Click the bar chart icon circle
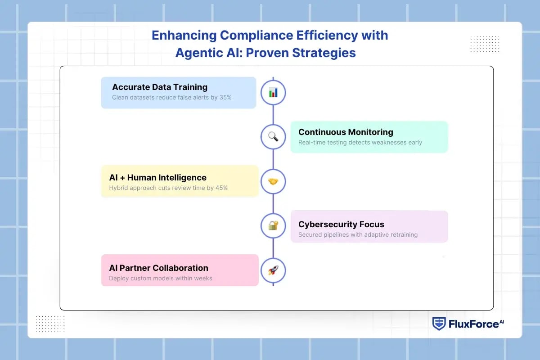tap(273, 93)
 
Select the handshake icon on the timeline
tap(273, 181)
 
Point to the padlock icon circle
tap(273, 225)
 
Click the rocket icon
tap(273, 270)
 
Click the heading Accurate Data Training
tap(160, 87)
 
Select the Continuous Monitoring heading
tap(346, 132)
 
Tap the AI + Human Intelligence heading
tap(157, 177)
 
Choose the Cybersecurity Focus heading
tap(341, 224)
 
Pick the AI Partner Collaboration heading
tap(158, 268)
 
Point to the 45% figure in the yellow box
tap(220, 188)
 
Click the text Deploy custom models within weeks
tap(160, 278)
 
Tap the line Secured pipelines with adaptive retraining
tap(358, 234)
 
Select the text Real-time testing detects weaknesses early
tap(360, 142)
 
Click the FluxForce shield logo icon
tap(439, 324)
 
